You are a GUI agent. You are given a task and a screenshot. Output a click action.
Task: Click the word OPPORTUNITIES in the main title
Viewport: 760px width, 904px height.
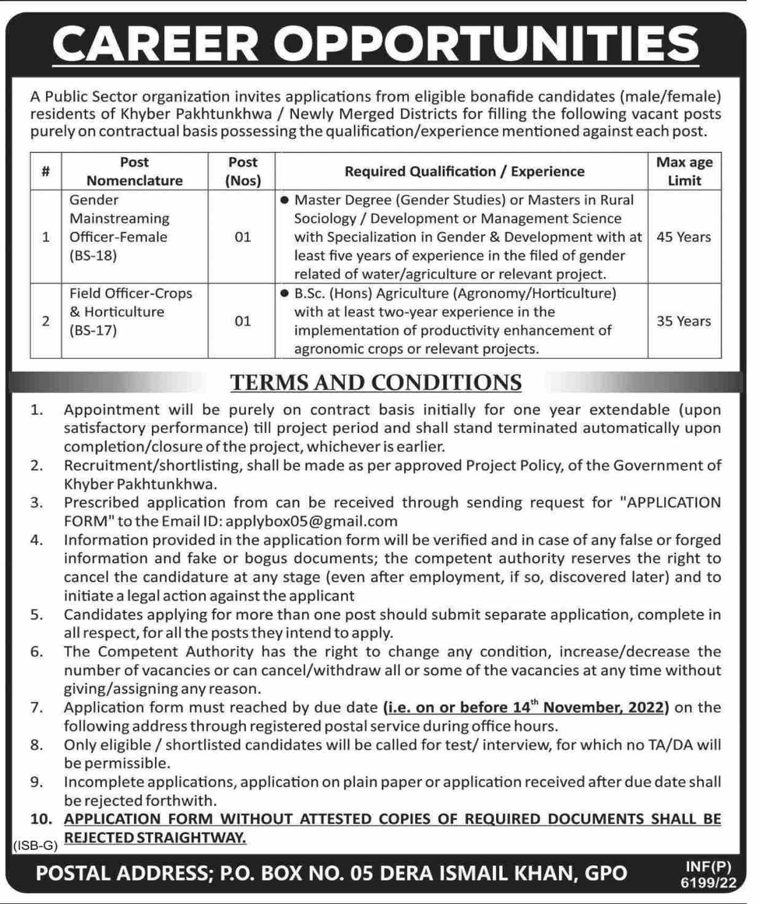(x=486, y=44)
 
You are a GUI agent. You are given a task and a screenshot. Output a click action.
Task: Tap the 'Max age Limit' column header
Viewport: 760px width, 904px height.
(x=684, y=172)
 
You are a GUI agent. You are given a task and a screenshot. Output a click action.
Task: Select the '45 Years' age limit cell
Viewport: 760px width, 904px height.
(x=684, y=237)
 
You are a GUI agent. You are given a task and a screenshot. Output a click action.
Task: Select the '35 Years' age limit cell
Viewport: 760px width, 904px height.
(x=684, y=321)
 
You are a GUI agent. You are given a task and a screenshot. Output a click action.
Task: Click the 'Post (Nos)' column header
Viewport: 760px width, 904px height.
(x=243, y=172)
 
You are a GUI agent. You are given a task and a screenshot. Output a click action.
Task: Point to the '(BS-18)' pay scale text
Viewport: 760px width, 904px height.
(x=93, y=256)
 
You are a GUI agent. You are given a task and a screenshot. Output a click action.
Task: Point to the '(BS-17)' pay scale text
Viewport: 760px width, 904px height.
(x=93, y=331)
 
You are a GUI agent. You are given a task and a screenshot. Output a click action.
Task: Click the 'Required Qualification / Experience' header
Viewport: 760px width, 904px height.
(x=464, y=172)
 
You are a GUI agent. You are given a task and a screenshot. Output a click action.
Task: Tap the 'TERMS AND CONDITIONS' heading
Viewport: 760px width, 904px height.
(x=376, y=383)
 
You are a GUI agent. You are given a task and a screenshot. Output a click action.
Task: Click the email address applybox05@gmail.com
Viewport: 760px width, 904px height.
(x=312, y=521)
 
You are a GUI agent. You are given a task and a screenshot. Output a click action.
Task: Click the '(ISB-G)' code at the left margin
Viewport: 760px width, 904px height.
(x=34, y=846)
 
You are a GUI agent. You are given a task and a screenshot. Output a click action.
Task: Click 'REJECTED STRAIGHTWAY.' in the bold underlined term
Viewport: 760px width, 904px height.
(x=155, y=838)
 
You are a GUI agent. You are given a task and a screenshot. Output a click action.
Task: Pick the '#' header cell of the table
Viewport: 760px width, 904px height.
(x=46, y=172)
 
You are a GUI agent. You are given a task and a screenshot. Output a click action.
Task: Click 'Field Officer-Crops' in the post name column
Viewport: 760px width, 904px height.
(x=131, y=294)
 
